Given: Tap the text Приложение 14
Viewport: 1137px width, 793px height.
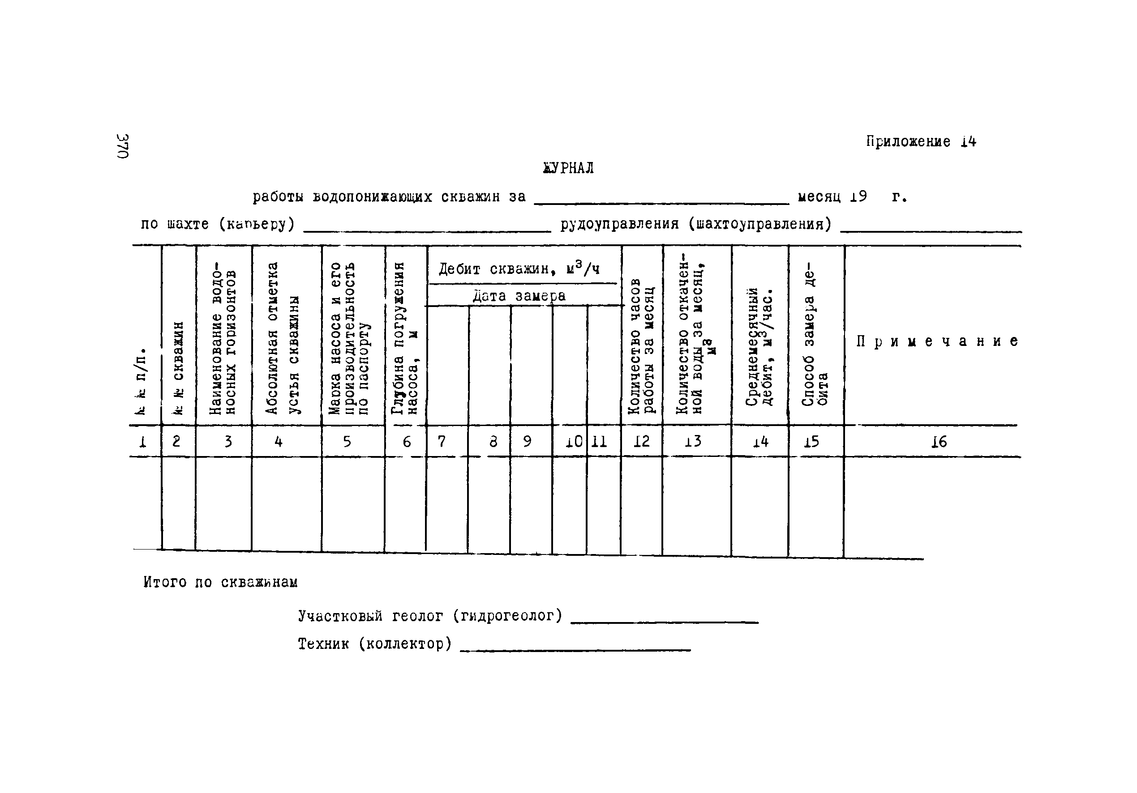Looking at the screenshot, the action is click(x=921, y=142).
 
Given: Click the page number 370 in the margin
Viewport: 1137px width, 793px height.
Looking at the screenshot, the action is click(x=123, y=146).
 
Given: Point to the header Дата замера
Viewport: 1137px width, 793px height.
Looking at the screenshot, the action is click(x=519, y=296).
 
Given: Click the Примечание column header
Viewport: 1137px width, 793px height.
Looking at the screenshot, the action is click(x=937, y=341).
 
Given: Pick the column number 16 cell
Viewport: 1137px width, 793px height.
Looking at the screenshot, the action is click(x=939, y=442).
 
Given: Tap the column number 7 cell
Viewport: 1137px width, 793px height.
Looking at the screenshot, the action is click(x=442, y=441).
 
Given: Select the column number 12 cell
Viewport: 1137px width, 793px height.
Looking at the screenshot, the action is click(x=641, y=441).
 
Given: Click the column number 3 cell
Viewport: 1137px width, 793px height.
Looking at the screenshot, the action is click(x=228, y=441).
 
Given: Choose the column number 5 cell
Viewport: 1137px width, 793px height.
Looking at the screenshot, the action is click(x=347, y=441).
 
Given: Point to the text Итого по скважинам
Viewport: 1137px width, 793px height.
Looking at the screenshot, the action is click(x=220, y=582).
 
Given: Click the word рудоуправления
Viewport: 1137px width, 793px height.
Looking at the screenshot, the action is click(x=619, y=224).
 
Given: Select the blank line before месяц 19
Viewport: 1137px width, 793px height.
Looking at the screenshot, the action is click(x=661, y=202).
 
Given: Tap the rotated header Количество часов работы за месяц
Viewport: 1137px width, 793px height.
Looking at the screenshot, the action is click(x=641, y=346).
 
